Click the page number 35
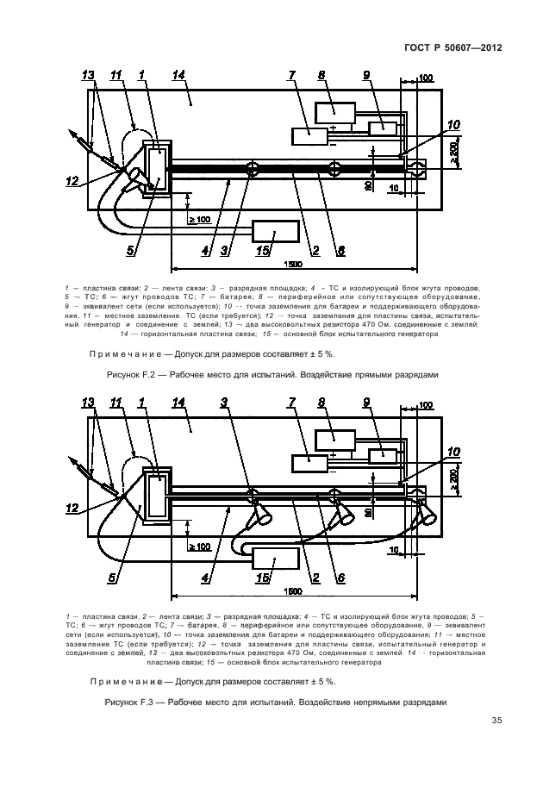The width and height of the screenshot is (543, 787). (x=497, y=721)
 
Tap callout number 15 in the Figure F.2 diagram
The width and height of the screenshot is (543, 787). (x=264, y=251)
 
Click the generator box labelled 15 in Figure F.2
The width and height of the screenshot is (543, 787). (x=274, y=231)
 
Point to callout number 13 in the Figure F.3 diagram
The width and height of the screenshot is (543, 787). (x=87, y=403)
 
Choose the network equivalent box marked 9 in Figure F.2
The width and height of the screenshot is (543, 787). (x=382, y=128)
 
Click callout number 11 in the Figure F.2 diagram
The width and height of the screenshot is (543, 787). (x=116, y=76)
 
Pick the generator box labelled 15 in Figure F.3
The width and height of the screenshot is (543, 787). (x=274, y=558)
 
